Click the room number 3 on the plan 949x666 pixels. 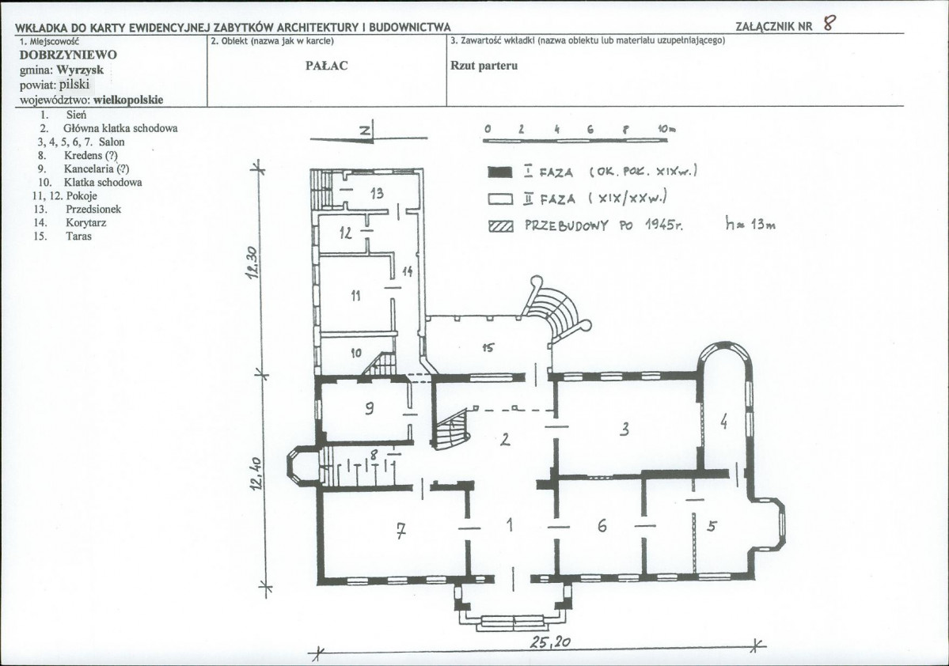point(624,429)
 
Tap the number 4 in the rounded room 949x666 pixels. point(724,421)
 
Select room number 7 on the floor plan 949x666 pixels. point(400,531)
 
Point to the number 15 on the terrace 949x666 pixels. point(488,348)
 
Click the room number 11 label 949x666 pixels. point(356,295)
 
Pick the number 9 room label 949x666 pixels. point(369,408)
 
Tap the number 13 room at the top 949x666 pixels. point(377,194)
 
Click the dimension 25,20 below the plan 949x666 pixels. point(550,641)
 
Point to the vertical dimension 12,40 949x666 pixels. point(256,474)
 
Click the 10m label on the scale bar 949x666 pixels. point(667,129)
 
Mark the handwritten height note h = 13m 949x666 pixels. point(750,225)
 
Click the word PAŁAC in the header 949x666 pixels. point(327,66)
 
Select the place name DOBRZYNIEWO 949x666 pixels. point(68,55)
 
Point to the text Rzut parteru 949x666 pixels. point(484,66)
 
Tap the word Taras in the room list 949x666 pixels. point(78,237)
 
